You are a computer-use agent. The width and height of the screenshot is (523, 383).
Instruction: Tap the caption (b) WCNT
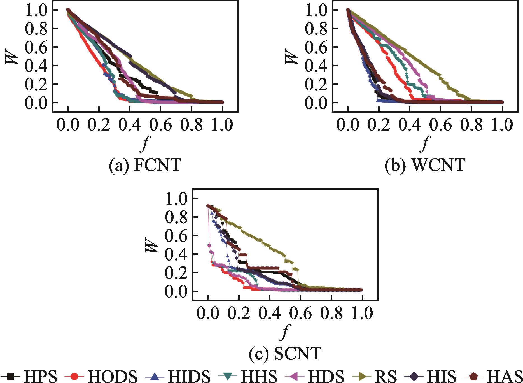(x=425, y=165)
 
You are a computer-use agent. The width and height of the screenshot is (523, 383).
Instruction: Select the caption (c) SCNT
(x=285, y=354)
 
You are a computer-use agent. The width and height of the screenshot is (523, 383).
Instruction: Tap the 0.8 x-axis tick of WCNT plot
(x=471, y=125)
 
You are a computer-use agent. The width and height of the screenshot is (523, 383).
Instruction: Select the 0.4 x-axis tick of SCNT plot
(x=269, y=314)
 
